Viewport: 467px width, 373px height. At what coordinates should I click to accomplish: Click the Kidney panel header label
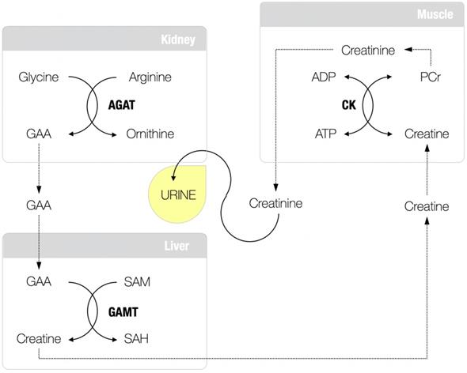pos(177,40)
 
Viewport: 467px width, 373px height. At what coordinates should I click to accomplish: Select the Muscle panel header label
pos(435,15)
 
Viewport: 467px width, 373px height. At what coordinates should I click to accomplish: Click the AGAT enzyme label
pos(123,105)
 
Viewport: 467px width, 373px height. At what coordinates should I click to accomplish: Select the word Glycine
pos(37,77)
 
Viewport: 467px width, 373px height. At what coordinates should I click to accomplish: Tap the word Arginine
pos(150,77)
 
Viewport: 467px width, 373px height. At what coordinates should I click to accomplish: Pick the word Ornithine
pos(150,134)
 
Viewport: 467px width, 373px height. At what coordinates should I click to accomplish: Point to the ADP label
pos(324,77)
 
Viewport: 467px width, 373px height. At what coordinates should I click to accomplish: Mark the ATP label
pos(325,134)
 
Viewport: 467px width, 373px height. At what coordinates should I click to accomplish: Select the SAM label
pos(138,281)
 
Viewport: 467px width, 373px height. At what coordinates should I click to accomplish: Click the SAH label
pos(138,338)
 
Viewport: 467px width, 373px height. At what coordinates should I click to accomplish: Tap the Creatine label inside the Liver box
pos(38,338)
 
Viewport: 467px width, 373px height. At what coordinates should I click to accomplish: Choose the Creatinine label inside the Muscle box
pos(368,50)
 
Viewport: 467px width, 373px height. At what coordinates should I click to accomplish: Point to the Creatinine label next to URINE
pos(275,204)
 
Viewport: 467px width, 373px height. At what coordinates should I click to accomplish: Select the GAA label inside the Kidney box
pos(38,134)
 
